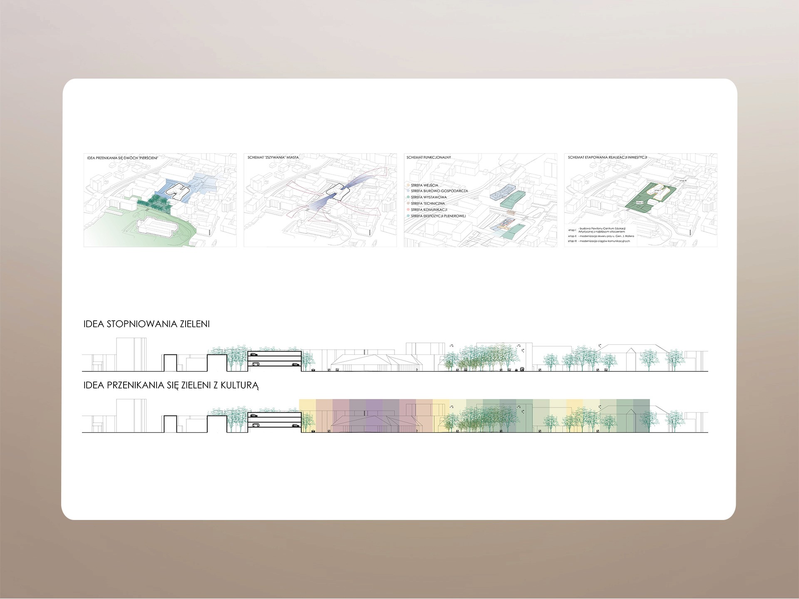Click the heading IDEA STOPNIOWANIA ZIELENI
146,324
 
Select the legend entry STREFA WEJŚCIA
424,185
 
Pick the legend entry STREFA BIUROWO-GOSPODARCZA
439,191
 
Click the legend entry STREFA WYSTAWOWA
429,197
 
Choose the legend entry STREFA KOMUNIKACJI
429,210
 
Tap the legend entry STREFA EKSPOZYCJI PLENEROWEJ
438,216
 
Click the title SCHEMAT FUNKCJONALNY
429,158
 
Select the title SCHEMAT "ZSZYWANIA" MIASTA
273,158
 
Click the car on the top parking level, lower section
253,415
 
